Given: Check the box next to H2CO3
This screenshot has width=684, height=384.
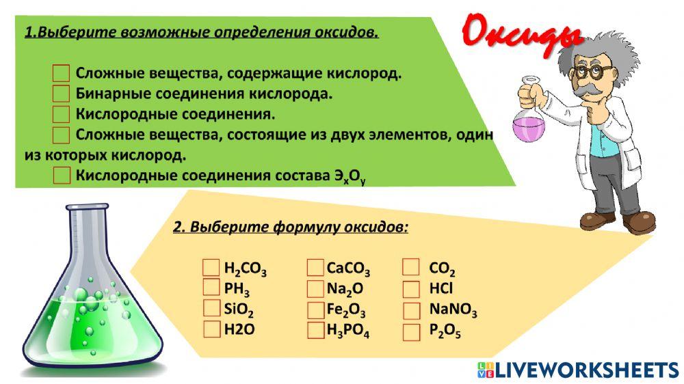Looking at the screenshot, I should pyautogui.click(x=211, y=267).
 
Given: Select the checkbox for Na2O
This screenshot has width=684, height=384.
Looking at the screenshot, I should pyautogui.click(x=315, y=288).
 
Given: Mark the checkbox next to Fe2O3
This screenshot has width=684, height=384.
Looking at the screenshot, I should pyautogui.click(x=315, y=310).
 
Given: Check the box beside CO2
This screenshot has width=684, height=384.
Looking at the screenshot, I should pyautogui.click(x=411, y=267).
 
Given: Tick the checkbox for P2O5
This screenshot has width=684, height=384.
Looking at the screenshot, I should pyautogui.click(x=411, y=332).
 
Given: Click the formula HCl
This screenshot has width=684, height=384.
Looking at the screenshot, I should pyautogui.click(x=440, y=288).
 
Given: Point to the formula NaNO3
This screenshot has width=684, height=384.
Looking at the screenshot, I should pyautogui.click(x=452, y=310).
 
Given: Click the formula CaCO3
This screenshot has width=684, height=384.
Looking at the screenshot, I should pyautogui.click(x=348, y=268).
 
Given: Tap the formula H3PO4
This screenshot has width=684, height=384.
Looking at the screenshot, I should pyautogui.click(x=348, y=331).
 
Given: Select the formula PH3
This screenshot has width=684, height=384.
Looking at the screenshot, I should pyautogui.click(x=237, y=289).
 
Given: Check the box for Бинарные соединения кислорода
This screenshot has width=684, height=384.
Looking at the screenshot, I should pyautogui.click(x=62, y=93).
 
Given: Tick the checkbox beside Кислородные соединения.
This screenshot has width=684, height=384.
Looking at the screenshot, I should pyautogui.click(x=62, y=113).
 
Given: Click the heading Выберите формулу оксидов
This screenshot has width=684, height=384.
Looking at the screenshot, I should pyautogui.click(x=291, y=228).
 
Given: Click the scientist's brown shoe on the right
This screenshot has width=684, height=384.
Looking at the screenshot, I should pyautogui.click(x=640, y=220).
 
